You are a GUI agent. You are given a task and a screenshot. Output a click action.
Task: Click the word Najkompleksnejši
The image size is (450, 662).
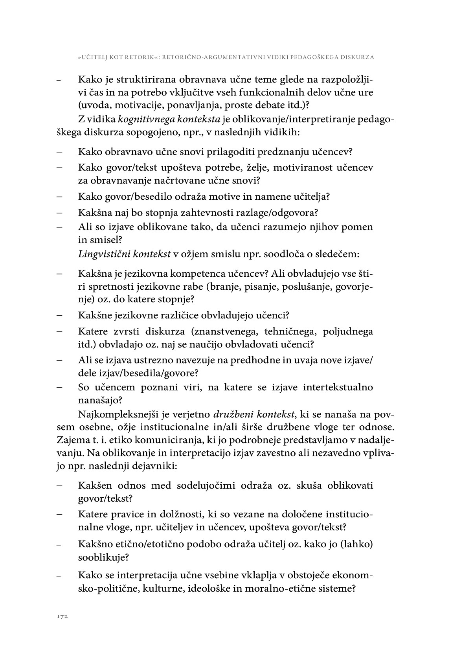click(115, 414)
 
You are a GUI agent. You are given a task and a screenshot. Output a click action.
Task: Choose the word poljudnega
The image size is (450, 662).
click(348, 331)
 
